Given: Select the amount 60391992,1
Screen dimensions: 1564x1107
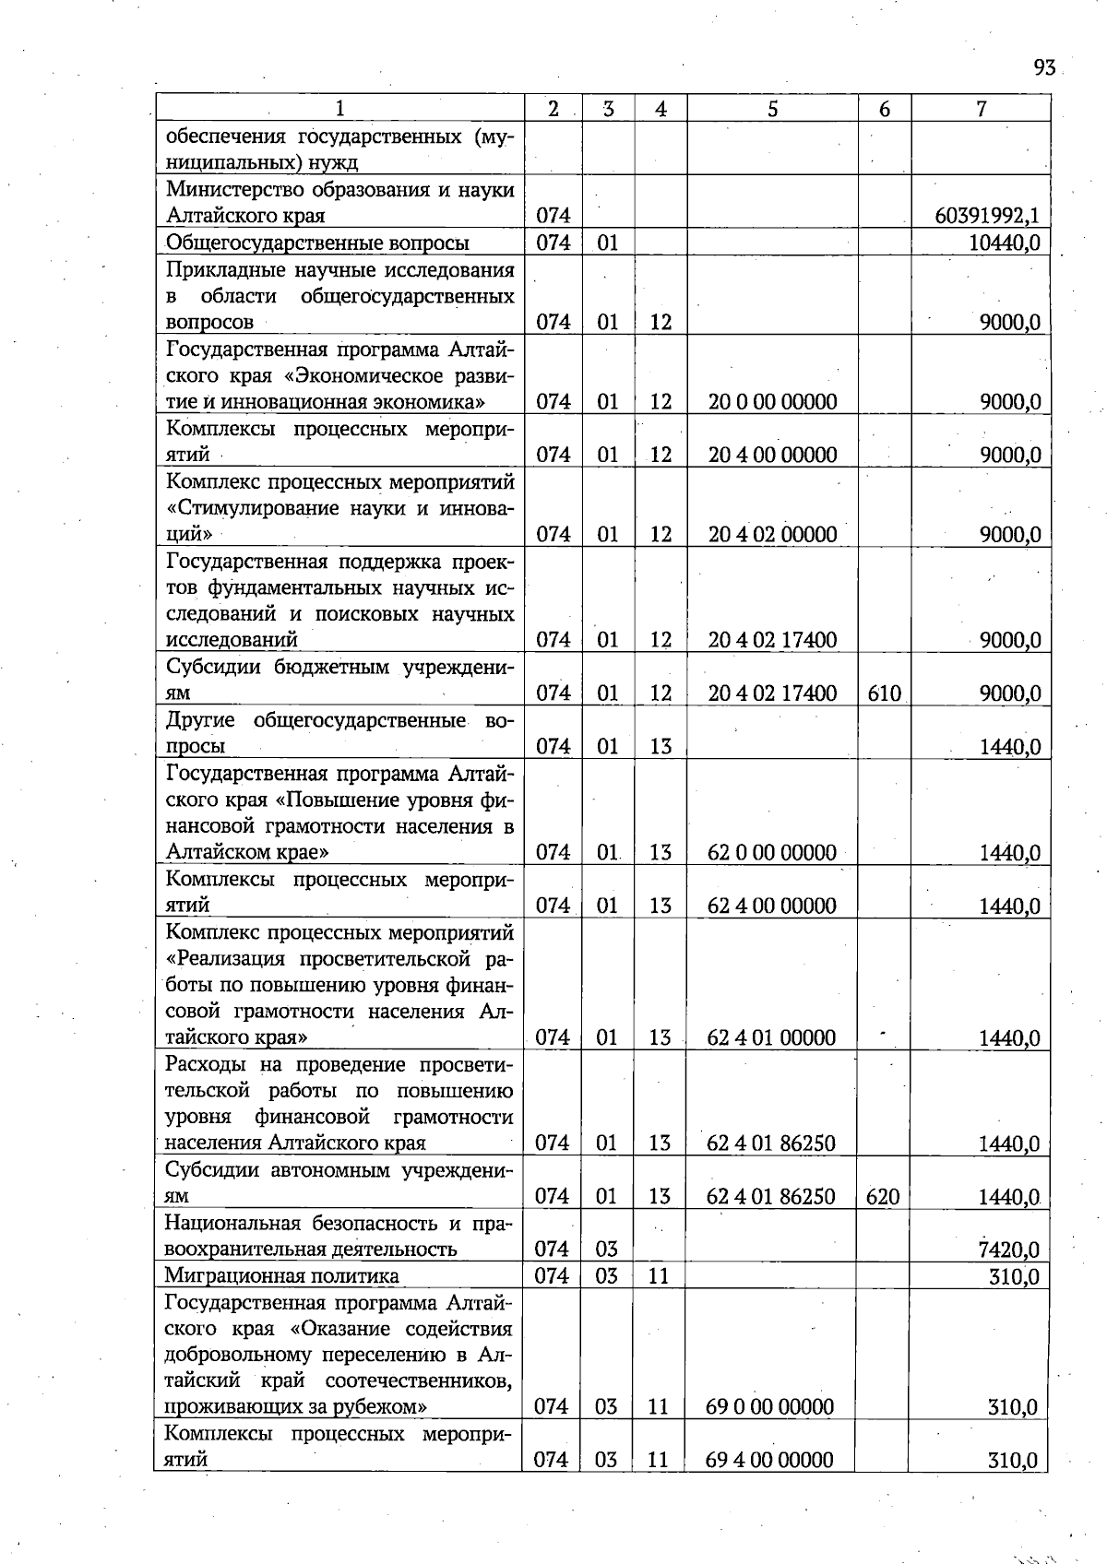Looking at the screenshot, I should click(987, 216).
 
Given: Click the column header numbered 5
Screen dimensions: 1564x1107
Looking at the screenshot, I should click(772, 109).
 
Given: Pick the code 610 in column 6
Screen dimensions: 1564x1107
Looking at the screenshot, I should click(884, 693).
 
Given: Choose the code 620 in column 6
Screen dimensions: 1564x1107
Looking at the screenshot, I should click(883, 1197).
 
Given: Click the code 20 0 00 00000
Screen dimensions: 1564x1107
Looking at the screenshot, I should click(772, 402).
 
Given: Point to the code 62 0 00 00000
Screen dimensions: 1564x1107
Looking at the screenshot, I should click(771, 852).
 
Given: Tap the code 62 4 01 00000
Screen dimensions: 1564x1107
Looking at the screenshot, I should click(771, 1037).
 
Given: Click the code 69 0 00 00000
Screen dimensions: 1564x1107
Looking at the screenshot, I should click(769, 1407).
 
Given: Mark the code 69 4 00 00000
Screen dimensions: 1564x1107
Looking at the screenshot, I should click(769, 1460).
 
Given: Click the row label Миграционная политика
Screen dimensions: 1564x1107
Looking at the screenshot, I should click(281, 1276).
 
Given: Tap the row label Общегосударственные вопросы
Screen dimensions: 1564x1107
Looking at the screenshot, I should click(317, 243).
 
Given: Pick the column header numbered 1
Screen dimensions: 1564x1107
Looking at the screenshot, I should click(339, 109).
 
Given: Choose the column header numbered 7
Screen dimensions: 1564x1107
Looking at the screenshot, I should click(981, 109).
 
